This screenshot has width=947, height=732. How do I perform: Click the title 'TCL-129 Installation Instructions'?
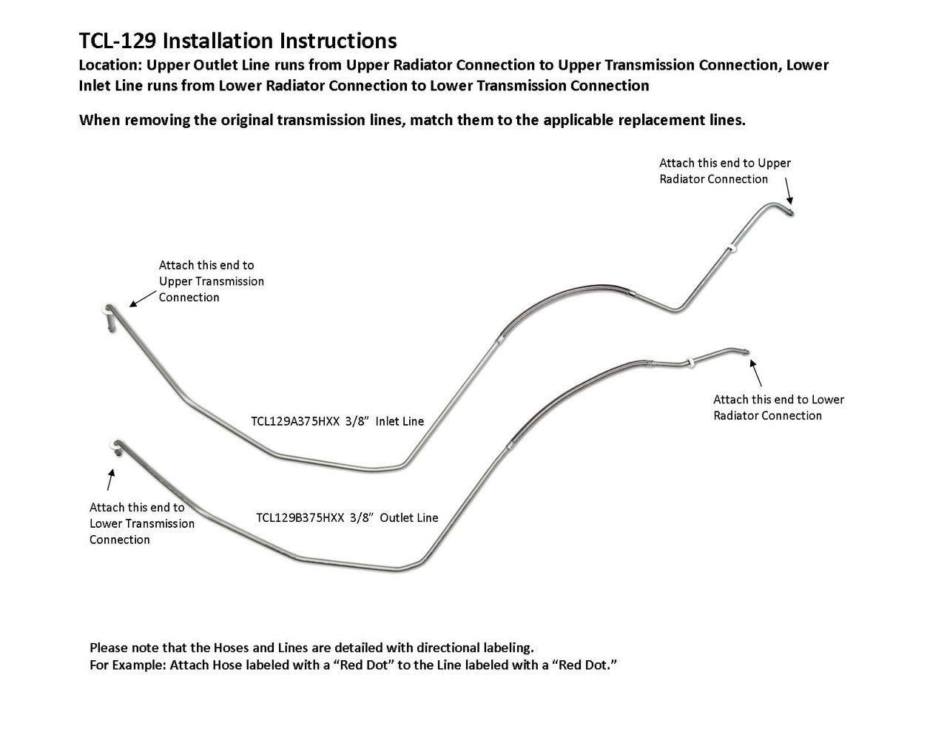(237, 40)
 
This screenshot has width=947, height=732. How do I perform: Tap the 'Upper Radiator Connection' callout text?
(724, 171)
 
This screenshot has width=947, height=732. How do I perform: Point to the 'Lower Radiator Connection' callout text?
(778, 408)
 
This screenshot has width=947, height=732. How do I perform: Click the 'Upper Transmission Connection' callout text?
(211, 281)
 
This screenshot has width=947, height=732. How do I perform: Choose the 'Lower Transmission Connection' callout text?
(141, 523)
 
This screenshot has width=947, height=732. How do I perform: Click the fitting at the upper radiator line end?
(789, 212)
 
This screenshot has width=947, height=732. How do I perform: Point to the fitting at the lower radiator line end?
(745, 352)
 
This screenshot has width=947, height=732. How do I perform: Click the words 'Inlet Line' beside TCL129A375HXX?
(400, 422)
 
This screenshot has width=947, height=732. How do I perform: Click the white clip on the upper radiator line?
(732, 248)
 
